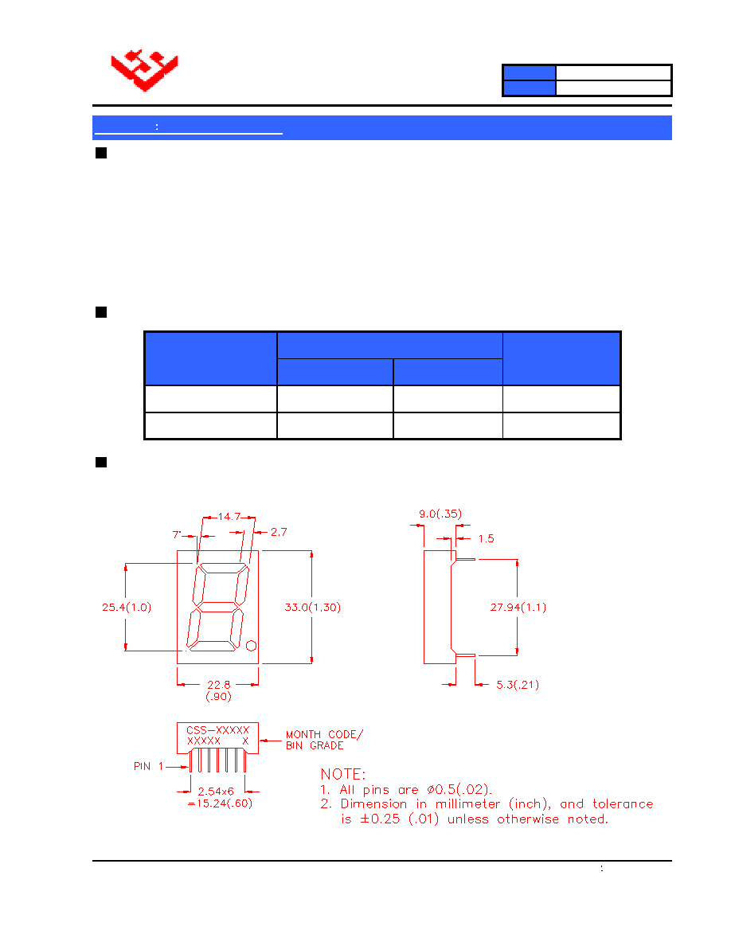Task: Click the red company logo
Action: click(145, 70)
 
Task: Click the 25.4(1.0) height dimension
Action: click(127, 607)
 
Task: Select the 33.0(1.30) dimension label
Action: click(312, 607)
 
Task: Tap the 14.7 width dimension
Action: click(229, 517)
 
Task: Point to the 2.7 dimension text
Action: click(279, 532)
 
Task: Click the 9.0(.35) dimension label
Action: click(440, 514)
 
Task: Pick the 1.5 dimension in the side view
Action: click(486, 538)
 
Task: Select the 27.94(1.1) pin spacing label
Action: click(518, 607)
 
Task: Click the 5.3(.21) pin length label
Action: click(518, 685)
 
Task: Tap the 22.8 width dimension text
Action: click(218, 685)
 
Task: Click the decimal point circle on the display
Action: click(252, 646)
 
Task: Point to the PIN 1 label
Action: click(148, 766)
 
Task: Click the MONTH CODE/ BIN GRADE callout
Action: click(324, 740)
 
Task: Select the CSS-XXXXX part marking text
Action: click(217, 730)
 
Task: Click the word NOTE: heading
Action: click(343, 774)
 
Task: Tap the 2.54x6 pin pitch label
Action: click(216, 791)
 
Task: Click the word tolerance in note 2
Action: click(623, 803)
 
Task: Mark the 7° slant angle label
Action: click(177, 534)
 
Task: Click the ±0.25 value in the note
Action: click(380, 819)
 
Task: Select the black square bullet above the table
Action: click(101, 312)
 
